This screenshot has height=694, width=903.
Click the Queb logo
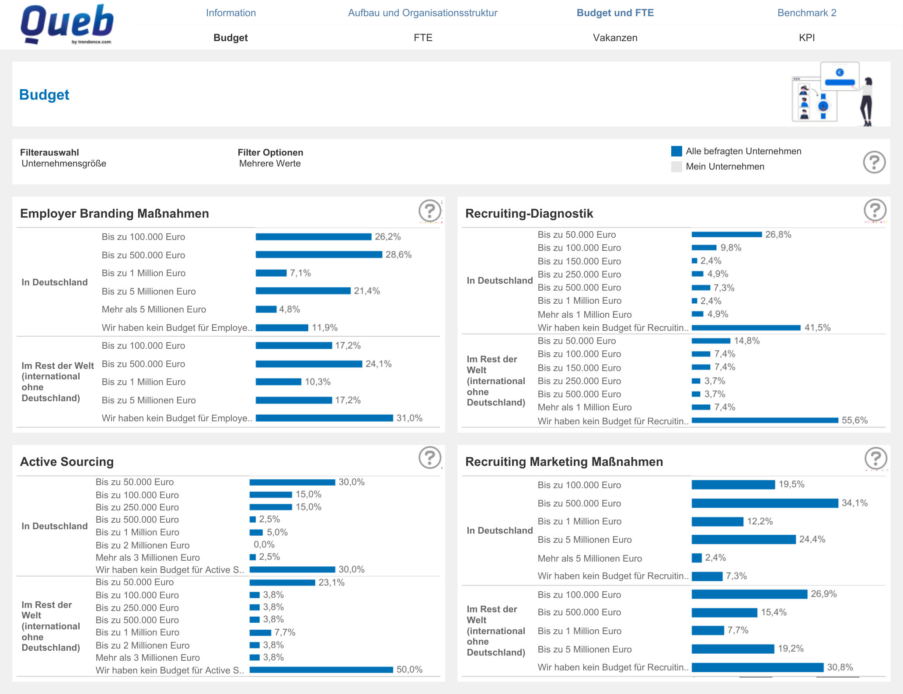67,24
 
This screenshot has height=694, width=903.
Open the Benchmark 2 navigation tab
806,13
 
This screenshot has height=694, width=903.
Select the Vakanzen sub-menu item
615,38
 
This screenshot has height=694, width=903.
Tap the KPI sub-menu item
806,38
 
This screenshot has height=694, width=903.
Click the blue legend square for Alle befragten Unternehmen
676,151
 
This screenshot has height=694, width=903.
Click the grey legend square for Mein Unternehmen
676,167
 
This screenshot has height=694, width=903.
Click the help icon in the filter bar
874,162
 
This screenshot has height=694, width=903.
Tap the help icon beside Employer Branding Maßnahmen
429,211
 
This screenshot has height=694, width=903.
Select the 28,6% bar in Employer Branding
318,255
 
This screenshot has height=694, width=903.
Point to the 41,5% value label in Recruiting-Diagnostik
817,328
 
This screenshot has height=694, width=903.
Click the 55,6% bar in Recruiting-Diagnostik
764,420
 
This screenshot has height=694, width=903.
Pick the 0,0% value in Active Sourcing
264,545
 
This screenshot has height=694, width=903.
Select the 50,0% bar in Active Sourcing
321,670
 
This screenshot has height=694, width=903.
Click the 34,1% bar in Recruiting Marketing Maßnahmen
764,503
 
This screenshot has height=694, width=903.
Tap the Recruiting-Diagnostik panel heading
529,213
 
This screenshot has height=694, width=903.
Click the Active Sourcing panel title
67,462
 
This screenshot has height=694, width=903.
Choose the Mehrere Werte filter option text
270,163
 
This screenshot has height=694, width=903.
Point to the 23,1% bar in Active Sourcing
282,583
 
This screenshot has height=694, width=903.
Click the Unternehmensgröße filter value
64,163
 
